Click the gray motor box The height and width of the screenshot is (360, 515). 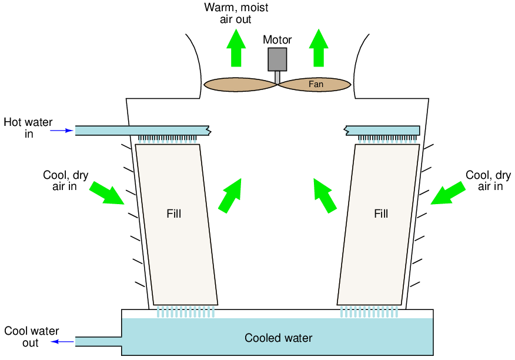tap(277, 59)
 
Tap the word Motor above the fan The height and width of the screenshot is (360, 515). tap(277, 40)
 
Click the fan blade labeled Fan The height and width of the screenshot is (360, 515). tap(315, 85)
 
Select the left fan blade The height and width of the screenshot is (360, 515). tap(240, 85)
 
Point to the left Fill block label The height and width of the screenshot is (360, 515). tap(173, 214)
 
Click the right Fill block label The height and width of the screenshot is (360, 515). tap(381, 214)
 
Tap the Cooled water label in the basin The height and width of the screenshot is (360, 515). tap(278, 338)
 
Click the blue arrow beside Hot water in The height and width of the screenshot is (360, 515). tap(62, 130)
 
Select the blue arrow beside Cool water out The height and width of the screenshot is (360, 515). tap(62, 341)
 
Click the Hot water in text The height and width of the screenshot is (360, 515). tap(28, 128)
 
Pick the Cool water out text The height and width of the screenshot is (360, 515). tap(31, 337)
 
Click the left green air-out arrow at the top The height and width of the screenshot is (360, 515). tap(236, 48)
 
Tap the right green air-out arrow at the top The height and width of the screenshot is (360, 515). tap(319, 48)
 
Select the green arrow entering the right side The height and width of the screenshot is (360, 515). tap(447, 193)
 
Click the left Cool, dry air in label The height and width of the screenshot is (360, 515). tap(66, 181)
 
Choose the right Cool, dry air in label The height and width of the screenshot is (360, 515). tap(488, 181)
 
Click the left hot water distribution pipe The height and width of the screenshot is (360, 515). tap(141, 130)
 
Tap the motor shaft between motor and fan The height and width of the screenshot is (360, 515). tap(277, 78)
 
